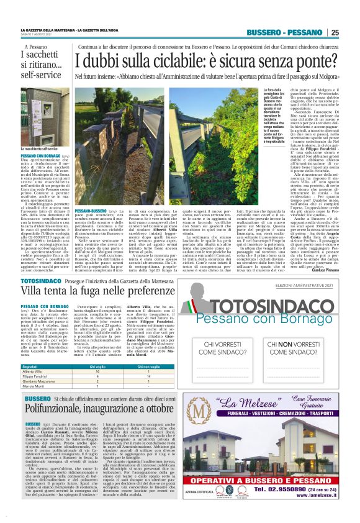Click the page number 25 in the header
click(x=335, y=32)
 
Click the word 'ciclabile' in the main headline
click(x=172, y=61)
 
